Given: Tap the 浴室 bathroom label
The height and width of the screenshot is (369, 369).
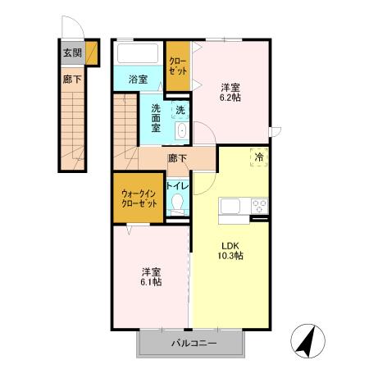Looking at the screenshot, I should [139, 80].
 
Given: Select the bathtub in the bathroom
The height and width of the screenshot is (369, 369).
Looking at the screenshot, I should [139, 54].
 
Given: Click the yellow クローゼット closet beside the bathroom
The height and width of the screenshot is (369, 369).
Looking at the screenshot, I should [178, 66].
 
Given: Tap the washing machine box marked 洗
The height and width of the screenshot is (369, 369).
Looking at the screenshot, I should [179, 108].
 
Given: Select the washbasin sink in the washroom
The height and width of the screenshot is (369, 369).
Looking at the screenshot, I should [181, 132].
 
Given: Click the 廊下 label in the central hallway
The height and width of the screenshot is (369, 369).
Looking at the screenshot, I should [176, 158].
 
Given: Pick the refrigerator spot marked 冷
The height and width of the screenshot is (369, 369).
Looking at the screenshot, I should [258, 156].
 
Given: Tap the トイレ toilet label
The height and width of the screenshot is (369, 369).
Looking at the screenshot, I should [178, 186].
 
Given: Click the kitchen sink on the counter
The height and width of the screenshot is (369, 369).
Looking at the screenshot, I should [229, 206].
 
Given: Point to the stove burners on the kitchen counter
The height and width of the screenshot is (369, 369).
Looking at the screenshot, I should [259, 206].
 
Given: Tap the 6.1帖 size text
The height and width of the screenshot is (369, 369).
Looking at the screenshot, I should [149, 281].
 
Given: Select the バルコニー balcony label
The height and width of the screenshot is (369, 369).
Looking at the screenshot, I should [194, 344].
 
